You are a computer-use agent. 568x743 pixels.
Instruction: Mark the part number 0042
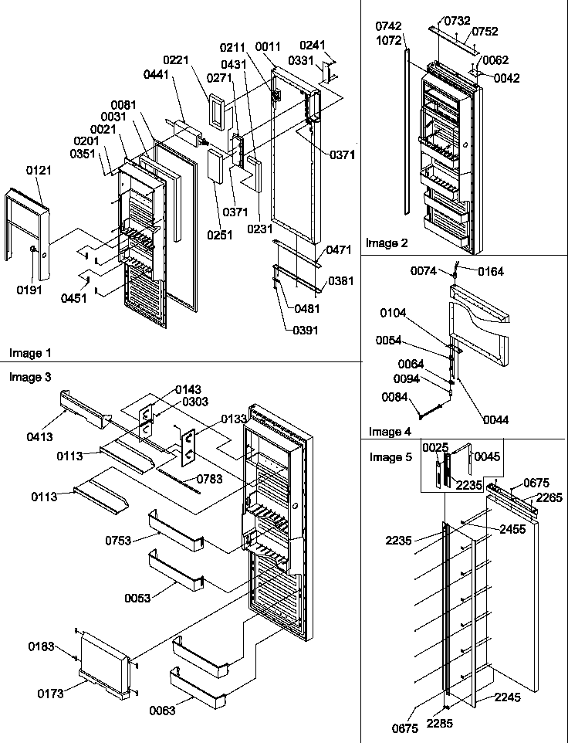(507, 78)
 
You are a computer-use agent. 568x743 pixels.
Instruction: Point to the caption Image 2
(387, 243)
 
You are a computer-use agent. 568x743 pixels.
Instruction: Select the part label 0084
(395, 398)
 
